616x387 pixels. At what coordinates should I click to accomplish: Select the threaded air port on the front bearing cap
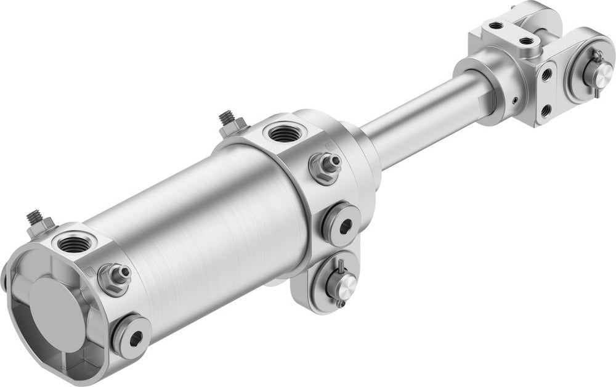coord(283,132)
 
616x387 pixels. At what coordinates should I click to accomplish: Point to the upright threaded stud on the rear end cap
coord(35,221)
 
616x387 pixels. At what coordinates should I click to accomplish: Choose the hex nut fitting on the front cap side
coord(325,166)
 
